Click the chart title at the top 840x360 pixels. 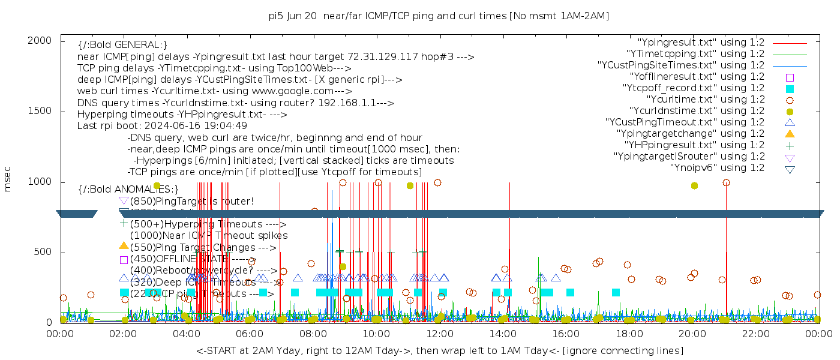(439, 16)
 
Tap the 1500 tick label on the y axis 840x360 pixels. (40, 112)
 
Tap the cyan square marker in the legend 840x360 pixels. (790, 88)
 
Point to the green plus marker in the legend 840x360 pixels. (790, 145)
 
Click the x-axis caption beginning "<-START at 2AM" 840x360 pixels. (439, 350)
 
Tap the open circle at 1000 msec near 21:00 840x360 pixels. (726, 183)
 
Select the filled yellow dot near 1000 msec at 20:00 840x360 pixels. (694, 186)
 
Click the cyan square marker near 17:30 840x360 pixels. (616, 293)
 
